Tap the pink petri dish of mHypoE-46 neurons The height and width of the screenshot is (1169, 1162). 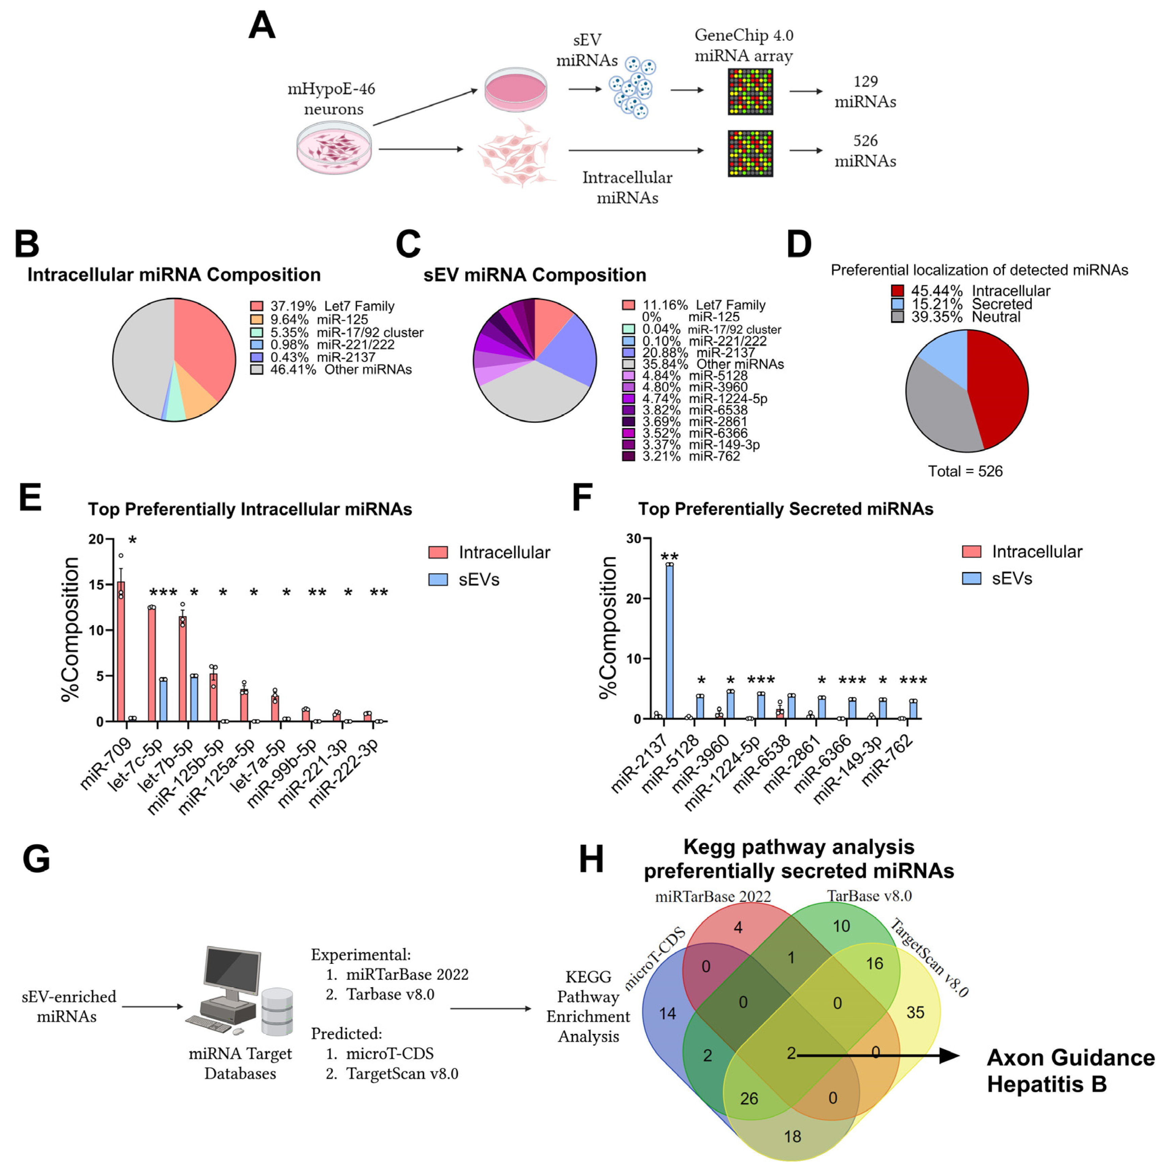point(333,147)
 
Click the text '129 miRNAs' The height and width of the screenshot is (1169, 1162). point(865,91)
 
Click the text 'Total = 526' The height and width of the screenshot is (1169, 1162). point(965,471)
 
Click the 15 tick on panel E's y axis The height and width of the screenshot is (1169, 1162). point(97,584)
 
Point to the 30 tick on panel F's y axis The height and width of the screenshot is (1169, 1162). point(633,538)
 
